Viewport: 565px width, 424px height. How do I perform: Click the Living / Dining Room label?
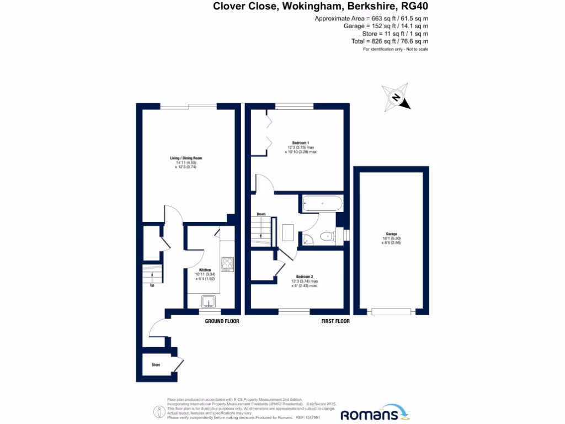click(x=183, y=158)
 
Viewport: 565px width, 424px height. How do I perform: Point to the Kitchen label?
click(x=204, y=270)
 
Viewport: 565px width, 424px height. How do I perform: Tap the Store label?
click(x=156, y=365)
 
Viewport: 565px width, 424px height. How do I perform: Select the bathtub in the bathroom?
click(x=322, y=204)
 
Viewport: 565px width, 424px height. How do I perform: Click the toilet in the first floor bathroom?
click(x=328, y=237)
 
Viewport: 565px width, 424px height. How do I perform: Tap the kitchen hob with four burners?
click(x=227, y=264)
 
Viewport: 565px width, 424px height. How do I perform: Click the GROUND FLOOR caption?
click(x=222, y=321)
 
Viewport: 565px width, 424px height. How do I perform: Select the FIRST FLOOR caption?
click(x=335, y=321)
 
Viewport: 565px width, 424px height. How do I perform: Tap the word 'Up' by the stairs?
click(x=152, y=285)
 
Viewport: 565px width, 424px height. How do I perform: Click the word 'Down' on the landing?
click(x=261, y=214)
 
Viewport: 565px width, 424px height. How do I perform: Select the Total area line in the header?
click(x=390, y=41)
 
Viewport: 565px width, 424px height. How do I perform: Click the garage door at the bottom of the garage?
click(x=391, y=312)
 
